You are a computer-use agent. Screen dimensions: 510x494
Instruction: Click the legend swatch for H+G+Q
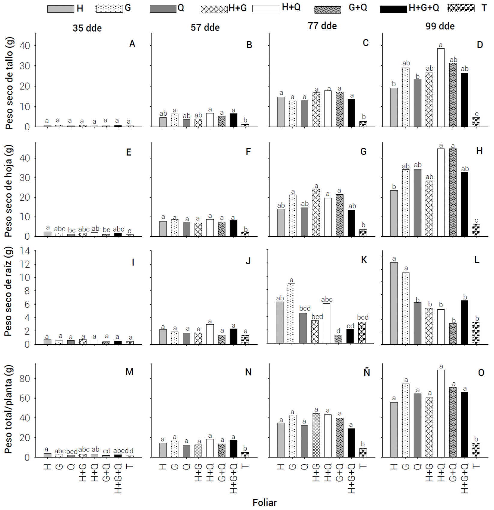pyautogui.click(x=393, y=9)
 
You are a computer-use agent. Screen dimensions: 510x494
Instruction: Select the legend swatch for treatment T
pyautogui.click(x=461, y=8)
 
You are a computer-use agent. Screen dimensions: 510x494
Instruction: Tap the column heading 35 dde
pyautogui.click(x=87, y=28)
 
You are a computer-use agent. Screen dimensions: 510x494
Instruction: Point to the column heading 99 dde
pyautogui.click(x=440, y=26)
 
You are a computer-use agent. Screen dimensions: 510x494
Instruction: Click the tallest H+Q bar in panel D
pyautogui.click(x=441, y=87)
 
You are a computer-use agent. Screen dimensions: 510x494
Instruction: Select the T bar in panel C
pyautogui.click(x=363, y=124)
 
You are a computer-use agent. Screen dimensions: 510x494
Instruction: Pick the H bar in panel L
pyautogui.click(x=394, y=303)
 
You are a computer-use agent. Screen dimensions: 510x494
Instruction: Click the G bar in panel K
pyautogui.click(x=291, y=313)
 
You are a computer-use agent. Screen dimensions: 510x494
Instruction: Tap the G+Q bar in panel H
pyautogui.click(x=453, y=192)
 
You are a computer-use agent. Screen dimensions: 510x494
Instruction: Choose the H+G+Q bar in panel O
pyautogui.click(x=464, y=424)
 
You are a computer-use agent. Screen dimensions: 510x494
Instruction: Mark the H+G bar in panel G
pyautogui.click(x=316, y=212)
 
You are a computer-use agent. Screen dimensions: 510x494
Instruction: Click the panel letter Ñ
pyautogui.click(x=367, y=372)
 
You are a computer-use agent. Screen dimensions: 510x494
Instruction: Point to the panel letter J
pyautogui.click(x=248, y=261)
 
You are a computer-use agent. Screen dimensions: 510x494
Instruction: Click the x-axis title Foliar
pyautogui.click(x=264, y=502)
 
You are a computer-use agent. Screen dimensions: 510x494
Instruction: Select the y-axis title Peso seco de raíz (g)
pyautogui.click(x=8, y=291)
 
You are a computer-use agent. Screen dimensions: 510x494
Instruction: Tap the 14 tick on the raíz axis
pyautogui.click(x=25, y=251)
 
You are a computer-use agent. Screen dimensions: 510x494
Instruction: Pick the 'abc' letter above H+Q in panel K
pyautogui.click(x=327, y=299)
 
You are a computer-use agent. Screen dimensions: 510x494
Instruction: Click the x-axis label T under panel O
pyautogui.click(x=476, y=466)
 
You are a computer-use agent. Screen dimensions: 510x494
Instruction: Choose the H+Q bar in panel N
pyautogui.click(x=210, y=448)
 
